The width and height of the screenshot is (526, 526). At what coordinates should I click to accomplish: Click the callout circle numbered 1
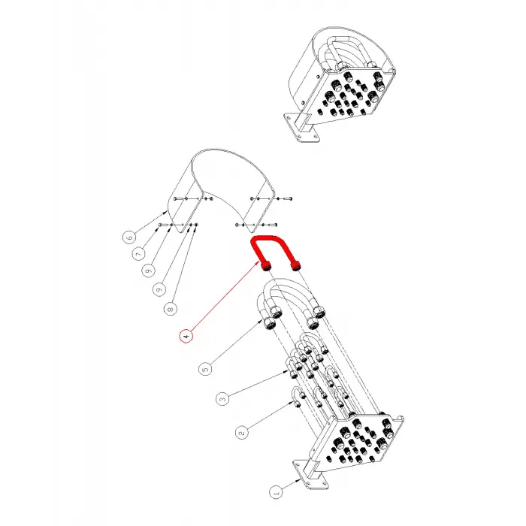(x=276, y=492)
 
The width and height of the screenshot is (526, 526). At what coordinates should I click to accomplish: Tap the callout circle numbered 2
(x=242, y=433)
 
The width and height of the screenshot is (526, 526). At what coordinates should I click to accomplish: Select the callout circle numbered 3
(x=222, y=399)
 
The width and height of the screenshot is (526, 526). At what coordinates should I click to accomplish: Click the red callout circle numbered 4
(x=186, y=336)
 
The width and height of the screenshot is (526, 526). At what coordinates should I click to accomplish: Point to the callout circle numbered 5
(x=206, y=369)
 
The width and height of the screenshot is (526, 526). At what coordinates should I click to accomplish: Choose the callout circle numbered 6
(x=129, y=237)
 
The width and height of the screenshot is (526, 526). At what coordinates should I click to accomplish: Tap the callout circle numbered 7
(x=139, y=254)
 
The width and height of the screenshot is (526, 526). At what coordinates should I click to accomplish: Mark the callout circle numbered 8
(x=171, y=309)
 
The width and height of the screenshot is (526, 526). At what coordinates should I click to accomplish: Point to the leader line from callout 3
(x=258, y=383)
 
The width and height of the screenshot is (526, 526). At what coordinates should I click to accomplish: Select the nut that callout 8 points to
(x=197, y=225)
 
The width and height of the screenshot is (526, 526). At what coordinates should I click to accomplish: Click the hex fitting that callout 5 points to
(x=269, y=323)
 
